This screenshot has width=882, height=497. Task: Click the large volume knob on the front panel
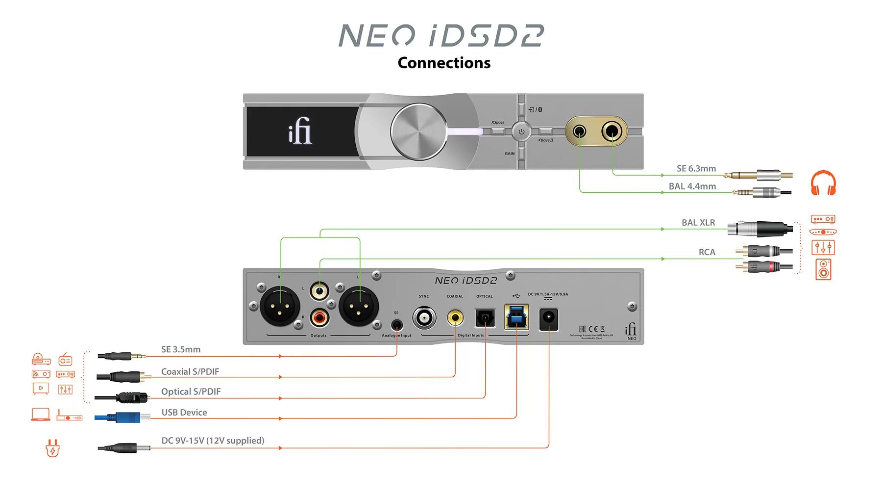418,131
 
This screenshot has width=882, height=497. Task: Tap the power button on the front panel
521,131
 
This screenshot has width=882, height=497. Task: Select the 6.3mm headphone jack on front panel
612,131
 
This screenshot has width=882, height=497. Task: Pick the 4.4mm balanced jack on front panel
580,131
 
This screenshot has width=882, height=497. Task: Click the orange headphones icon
823,183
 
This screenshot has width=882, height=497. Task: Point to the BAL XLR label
698,223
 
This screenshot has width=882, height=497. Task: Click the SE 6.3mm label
696,169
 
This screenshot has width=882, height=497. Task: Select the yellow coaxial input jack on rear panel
455,317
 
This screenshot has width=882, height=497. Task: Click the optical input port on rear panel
485,318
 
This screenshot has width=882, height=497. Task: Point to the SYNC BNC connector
424,318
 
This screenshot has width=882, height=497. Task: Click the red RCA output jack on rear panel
319,318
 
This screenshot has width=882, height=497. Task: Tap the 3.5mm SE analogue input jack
397,325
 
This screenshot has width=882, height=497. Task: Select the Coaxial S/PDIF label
190,372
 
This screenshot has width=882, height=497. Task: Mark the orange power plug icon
52,448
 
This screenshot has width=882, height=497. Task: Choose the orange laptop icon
41,415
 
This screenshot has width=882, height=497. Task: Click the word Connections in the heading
444,63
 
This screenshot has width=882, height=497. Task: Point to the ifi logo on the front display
300,131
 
